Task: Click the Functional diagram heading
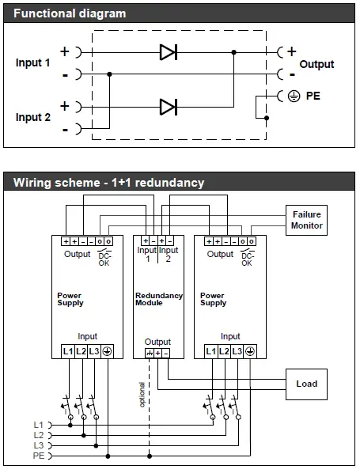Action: click(70, 13)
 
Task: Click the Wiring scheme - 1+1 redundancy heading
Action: click(108, 183)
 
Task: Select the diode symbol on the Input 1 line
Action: click(168, 52)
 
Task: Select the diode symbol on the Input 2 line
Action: click(168, 106)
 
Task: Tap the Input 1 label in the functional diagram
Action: click(33, 62)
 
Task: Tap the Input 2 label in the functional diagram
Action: click(33, 117)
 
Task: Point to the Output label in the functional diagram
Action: click(316, 64)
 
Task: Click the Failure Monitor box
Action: click(306, 220)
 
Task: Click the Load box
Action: click(306, 384)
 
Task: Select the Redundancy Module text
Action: click(158, 299)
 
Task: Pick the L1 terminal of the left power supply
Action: click(67, 350)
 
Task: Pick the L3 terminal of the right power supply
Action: click(237, 350)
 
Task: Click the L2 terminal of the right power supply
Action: click(224, 350)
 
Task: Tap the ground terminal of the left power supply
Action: click(107, 350)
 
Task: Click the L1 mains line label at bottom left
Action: click(39, 425)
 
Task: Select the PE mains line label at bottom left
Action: click(39, 456)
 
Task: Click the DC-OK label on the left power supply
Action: click(104, 259)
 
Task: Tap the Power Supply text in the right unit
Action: click(213, 299)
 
